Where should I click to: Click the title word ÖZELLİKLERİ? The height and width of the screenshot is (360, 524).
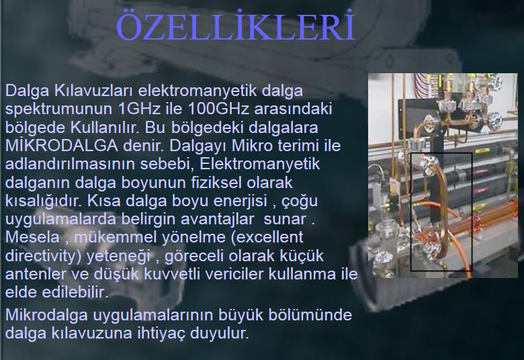click(x=235, y=26)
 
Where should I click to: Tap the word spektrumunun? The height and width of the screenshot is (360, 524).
click(x=58, y=109)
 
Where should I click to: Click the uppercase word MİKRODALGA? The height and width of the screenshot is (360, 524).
click(x=62, y=145)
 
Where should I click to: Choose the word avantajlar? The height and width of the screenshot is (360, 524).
click(x=217, y=219)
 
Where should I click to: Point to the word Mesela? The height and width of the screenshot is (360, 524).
click(x=32, y=237)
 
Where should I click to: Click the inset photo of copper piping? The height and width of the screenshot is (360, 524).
click(x=443, y=175)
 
